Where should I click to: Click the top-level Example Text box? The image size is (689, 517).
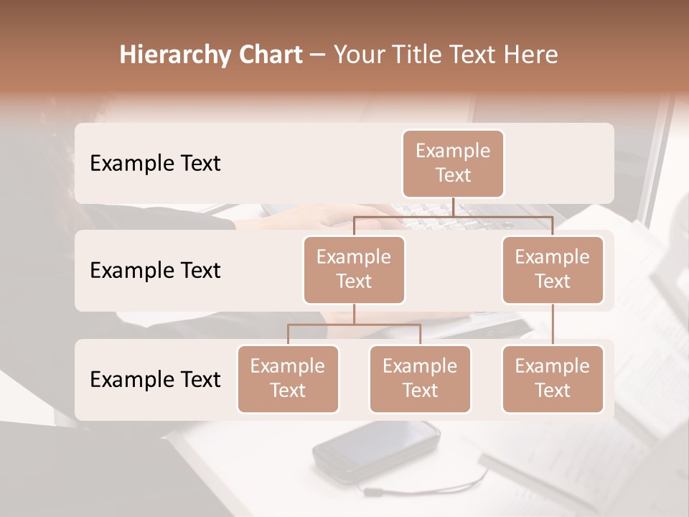point(453,163)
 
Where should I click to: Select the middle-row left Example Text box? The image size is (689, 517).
point(354,269)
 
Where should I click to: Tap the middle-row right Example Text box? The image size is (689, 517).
point(553,269)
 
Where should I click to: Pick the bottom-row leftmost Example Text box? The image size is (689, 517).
point(288,378)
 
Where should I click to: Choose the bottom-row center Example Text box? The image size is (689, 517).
point(420,378)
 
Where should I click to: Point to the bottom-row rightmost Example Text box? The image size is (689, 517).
point(553,378)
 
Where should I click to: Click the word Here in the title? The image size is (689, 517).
point(531,55)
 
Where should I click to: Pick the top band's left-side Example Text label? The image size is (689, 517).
point(155,163)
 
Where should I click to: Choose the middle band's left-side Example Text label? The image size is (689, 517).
point(155,270)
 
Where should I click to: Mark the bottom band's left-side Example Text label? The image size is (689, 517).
point(155,379)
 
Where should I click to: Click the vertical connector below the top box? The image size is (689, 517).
point(453,207)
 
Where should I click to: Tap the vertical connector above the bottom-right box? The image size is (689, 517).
point(553,324)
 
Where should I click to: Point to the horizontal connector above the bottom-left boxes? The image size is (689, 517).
point(354,325)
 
